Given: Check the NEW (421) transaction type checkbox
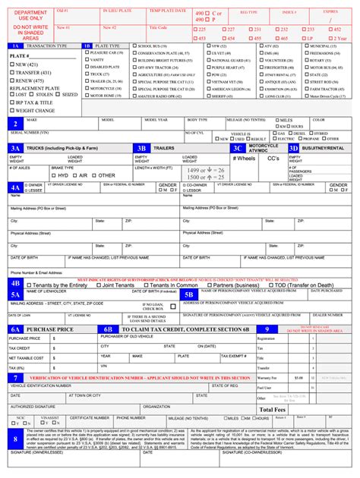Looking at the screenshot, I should point(13,65).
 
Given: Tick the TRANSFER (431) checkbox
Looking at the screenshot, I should point(13,72).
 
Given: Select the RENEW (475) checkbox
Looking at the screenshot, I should point(13,79).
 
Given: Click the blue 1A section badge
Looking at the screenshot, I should point(16,46).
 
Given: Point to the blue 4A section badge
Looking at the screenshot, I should point(16,187).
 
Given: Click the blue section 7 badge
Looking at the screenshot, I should point(16,377).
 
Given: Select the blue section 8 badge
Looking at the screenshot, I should point(16,439).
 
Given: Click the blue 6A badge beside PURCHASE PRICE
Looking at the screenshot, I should point(16,329).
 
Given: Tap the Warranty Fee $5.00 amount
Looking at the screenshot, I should point(298,377).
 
